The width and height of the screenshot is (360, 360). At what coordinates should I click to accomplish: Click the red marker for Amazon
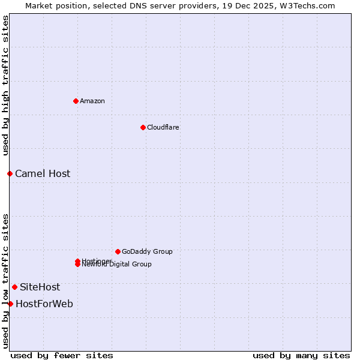click(x=76, y=101)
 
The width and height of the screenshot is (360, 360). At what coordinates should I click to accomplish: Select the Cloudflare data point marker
click(x=143, y=127)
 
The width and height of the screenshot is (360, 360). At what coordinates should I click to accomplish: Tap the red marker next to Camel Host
click(x=10, y=173)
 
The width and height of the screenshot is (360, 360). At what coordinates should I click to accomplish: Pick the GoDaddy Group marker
click(x=118, y=251)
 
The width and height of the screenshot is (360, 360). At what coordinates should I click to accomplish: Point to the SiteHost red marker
click(x=14, y=287)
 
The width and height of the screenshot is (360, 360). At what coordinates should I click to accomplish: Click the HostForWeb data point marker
click(x=10, y=304)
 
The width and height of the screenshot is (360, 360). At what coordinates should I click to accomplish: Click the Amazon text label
click(x=92, y=101)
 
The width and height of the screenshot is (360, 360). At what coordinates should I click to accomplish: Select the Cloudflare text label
click(x=163, y=127)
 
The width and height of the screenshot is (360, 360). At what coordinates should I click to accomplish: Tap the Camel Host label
click(x=43, y=173)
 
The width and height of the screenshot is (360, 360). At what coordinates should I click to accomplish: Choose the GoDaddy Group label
click(x=147, y=251)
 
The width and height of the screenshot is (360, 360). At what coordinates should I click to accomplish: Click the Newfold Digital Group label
click(x=117, y=265)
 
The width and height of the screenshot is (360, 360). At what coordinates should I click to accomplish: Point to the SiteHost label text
click(x=40, y=287)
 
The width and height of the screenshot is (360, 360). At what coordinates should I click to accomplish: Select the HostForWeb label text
click(x=44, y=304)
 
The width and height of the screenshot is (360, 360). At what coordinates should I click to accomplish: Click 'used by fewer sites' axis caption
click(x=62, y=355)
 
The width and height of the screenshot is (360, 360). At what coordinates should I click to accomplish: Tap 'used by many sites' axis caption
click(x=301, y=355)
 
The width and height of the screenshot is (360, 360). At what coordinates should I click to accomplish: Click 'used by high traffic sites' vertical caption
click(x=6, y=85)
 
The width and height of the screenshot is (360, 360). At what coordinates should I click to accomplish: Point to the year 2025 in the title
click(x=255, y=5)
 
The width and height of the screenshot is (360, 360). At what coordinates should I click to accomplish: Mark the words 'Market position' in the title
click(x=53, y=5)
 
